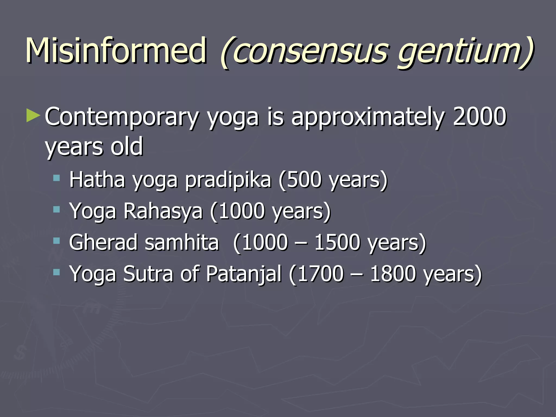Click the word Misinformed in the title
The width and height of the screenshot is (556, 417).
click(116, 51)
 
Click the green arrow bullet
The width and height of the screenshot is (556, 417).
click(33, 115)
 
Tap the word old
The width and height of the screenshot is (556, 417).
click(127, 147)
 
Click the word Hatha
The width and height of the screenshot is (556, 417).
click(97, 179)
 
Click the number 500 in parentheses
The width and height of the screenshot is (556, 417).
click(304, 180)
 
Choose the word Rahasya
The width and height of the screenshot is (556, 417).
click(163, 211)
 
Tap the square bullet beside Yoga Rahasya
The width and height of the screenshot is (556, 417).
click(56, 209)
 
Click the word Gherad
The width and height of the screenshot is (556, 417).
click(103, 242)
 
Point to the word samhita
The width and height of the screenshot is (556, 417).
click(182, 242)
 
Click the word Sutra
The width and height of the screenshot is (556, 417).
click(148, 273)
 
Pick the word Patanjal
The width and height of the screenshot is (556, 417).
click(244, 274)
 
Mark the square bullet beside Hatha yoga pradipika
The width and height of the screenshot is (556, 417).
click(56, 178)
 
